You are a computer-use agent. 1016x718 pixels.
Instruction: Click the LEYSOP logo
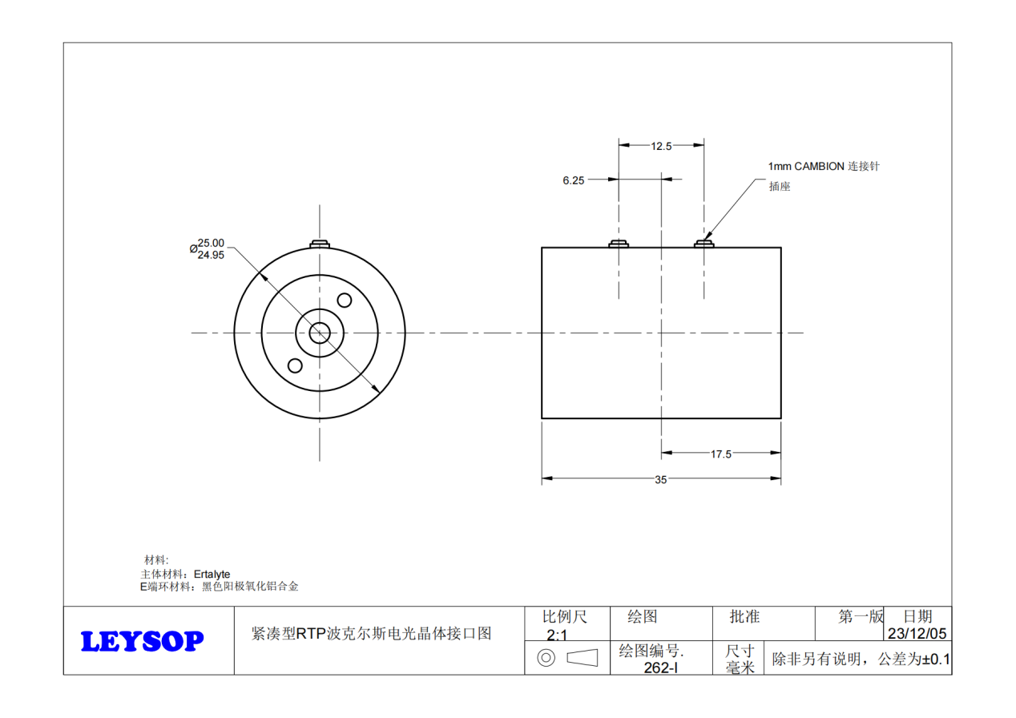pos(143,641)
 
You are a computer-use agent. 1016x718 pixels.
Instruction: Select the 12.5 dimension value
pos(661,146)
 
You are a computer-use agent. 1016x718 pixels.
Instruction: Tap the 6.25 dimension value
pos(573,181)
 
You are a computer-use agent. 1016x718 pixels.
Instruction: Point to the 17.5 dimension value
pos(721,454)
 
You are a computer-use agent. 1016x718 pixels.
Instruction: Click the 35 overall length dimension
pos(661,480)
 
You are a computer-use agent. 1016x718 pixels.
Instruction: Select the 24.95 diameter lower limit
pos(211,255)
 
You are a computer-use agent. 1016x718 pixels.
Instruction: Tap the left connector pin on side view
pos(619,243)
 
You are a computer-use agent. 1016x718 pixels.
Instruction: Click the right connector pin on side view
pos(704,243)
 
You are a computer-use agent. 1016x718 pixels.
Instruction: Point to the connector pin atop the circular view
pos(320,243)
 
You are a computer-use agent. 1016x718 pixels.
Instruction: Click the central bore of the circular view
pos(320,333)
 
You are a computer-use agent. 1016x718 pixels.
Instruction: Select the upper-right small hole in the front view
pos(345,301)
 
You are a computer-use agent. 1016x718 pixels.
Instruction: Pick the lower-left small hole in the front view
pos(295,365)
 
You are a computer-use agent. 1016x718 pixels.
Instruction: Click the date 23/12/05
pos(917,633)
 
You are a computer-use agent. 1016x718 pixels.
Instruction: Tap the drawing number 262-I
pos(661,667)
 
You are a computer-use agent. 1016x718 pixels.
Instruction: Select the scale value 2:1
pos(556,635)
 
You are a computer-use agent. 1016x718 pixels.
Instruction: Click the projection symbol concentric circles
pos(546,659)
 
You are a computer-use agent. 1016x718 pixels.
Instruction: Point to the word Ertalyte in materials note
pos(212,575)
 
